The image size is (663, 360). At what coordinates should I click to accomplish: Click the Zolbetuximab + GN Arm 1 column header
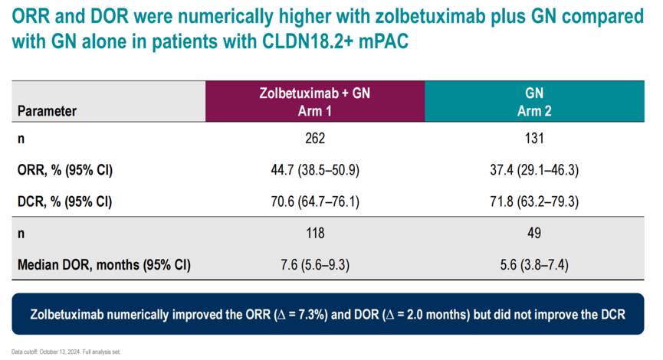(x=315, y=101)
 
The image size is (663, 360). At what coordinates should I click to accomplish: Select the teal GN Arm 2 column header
(x=534, y=101)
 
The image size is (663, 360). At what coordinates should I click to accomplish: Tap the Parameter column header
(x=47, y=111)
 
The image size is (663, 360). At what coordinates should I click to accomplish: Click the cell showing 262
(x=315, y=138)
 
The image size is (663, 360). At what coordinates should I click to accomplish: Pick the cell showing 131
(x=534, y=138)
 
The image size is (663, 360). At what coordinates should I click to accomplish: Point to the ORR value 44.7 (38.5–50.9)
(x=315, y=170)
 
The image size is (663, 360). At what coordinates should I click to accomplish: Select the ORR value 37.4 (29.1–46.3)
(x=534, y=170)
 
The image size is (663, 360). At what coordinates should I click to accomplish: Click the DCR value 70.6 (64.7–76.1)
(x=315, y=201)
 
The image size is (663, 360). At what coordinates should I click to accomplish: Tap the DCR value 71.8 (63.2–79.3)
(x=534, y=201)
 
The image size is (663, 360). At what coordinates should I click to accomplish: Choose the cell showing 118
(x=315, y=233)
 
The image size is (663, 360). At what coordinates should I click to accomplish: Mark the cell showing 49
(x=534, y=233)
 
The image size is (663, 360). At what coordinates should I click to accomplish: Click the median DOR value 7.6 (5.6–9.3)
(x=315, y=265)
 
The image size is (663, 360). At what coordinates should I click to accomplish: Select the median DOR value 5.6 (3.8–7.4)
(x=534, y=265)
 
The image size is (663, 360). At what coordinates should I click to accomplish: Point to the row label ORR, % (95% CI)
(x=65, y=170)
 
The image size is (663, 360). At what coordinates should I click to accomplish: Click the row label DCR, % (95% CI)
(x=64, y=201)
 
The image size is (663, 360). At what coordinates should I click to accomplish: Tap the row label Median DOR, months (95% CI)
(x=104, y=265)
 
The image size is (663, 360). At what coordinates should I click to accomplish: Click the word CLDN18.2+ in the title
(x=307, y=41)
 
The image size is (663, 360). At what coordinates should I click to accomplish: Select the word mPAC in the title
(x=384, y=41)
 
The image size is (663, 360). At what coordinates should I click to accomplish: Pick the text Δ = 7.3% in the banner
(x=301, y=315)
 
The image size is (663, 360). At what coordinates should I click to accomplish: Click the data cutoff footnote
(x=66, y=352)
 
